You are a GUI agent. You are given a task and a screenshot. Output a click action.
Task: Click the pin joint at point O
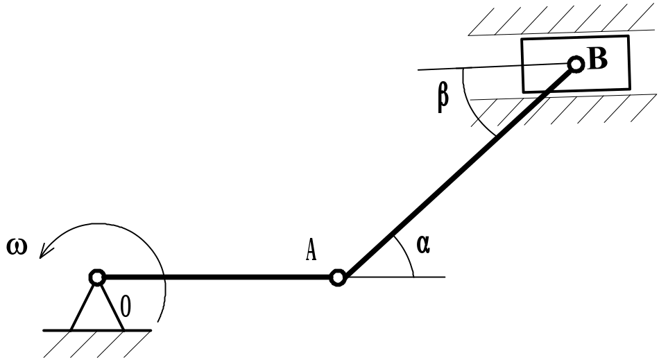click(97, 277)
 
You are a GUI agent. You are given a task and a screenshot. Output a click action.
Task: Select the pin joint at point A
click(337, 277)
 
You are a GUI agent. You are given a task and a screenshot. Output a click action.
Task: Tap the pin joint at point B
click(575, 65)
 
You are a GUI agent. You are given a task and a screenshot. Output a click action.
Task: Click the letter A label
click(311, 250)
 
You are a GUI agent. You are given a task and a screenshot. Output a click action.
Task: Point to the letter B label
click(597, 60)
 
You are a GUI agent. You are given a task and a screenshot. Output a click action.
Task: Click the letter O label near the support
click(126, 305)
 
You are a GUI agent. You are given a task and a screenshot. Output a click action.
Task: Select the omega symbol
click(16, 246)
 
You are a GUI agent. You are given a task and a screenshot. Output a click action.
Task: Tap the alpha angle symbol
click(424, 244)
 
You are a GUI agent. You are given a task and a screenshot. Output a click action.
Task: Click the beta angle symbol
click(443, 96)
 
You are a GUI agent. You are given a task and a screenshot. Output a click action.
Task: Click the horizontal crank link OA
click(215, 277)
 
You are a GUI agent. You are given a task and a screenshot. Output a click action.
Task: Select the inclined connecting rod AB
click(458, 170)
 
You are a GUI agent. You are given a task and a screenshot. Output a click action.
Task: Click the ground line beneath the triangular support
click(97, 330)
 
